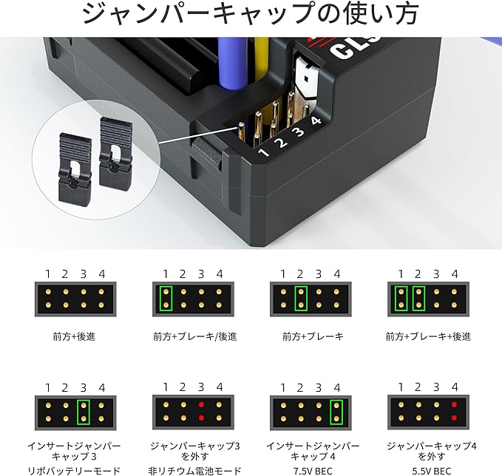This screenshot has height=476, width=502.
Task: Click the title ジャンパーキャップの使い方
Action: tap(251, 15)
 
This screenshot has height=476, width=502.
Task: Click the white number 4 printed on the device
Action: tap(315, 120)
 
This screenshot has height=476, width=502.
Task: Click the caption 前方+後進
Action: tap(74, 336)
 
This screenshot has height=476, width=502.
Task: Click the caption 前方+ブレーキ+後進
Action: tap(428, 336)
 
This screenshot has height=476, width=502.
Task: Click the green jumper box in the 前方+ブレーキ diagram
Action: tap(301, 298)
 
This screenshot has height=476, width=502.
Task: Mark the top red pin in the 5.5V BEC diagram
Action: tap(452, 405)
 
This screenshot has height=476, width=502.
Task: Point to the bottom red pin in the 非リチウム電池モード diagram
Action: tap(201, 419)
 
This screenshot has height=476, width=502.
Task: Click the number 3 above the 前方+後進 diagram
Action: tap(84, 274)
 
